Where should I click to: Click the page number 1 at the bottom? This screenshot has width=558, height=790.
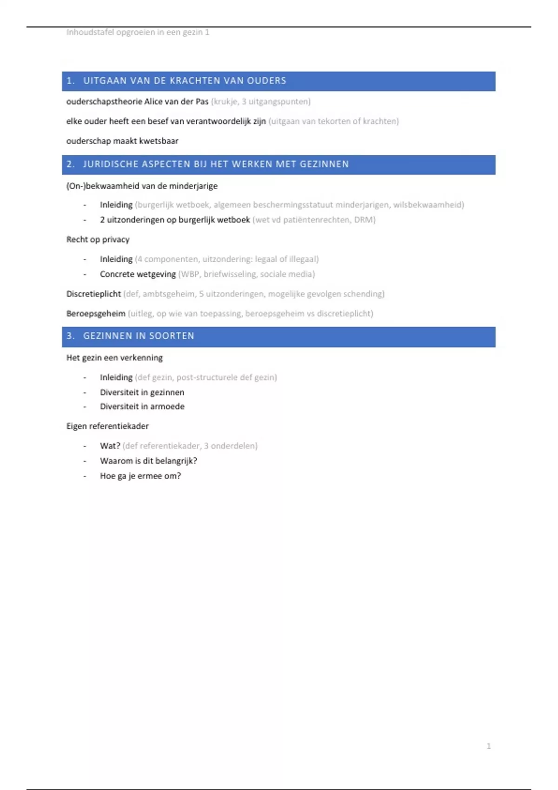(x=488, y=746)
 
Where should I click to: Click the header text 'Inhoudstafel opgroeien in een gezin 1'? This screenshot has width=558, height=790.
(x=138, y=32)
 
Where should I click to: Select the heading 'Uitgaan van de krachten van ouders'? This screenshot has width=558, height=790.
(x=185, y=81)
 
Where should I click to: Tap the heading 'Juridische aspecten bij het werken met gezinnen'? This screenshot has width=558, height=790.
(x=216, y=164)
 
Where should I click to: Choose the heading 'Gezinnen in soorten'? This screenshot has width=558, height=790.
(x=139, y=336)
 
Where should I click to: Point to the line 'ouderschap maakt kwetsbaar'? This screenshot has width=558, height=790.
(x=122, y=141)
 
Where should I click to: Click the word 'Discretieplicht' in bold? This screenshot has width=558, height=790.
(x=93, y=294)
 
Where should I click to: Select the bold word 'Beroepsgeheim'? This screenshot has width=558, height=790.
(x=96, y=314)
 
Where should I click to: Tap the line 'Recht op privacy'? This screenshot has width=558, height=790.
(x=98, y=240)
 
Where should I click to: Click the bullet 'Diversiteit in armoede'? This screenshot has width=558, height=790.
(x=142, y=407)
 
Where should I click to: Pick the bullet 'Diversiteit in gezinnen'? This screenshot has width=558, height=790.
(x=142, y=392)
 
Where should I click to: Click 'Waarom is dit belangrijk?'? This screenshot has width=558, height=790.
(x=148, y=461)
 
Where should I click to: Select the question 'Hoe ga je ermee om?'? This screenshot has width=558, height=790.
(x=140, y=476)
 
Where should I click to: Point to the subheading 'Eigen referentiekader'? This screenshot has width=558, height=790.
(x=107, y=426)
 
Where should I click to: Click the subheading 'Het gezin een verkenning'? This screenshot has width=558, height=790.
(x=114, y=358)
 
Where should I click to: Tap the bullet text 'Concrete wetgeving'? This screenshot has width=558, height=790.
(x=138, y=274)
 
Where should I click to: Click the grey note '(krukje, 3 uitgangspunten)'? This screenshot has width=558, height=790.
(x=260, y=101)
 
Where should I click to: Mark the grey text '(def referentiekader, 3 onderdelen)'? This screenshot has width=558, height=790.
(x=190, y=446)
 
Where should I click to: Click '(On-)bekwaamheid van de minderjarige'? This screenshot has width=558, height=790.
(x=142, y=186)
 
